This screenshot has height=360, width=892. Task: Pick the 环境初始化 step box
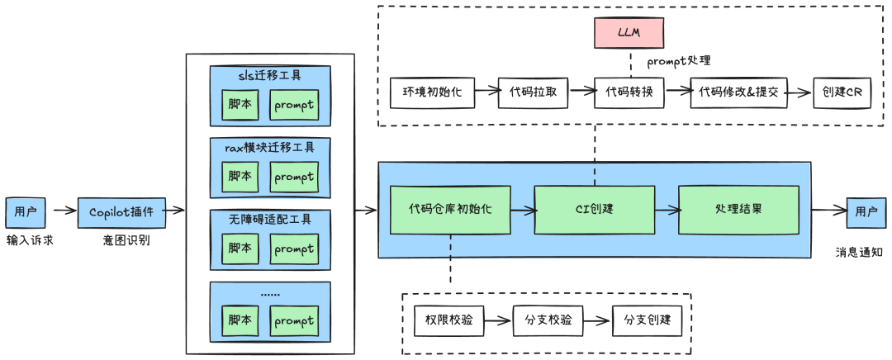pos(432,93)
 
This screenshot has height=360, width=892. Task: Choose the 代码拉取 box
pos(534,93)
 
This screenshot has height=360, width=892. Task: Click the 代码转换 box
pos(629,93)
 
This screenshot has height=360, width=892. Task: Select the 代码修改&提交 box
pos(738,93)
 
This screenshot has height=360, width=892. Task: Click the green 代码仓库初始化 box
pos(450,209)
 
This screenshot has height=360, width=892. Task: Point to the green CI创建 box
pos(595,209)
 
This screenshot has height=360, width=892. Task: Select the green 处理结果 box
pos(738,209)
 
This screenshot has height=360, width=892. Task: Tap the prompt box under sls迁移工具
pos(294,105)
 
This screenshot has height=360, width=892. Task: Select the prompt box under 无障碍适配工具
pos(294,249)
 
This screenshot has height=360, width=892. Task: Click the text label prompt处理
pos(678,60)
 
